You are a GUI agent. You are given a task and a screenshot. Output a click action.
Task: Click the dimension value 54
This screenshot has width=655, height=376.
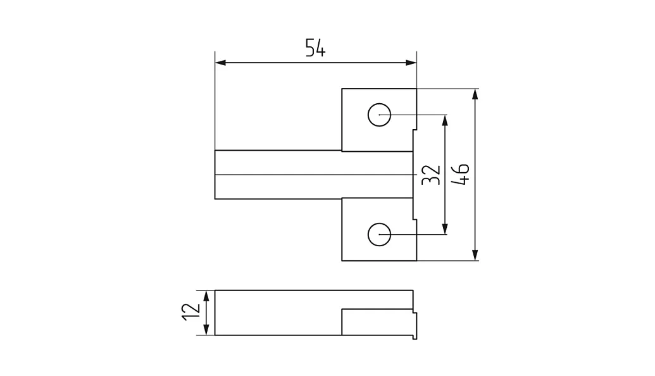click(x=315, y=47)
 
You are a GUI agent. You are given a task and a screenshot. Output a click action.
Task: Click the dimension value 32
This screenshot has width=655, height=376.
click(x=431, y=175)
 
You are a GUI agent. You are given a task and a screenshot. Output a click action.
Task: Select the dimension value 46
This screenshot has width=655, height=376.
click(x=461, y=174)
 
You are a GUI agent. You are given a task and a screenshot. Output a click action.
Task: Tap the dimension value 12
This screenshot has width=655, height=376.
click(x=191, y=311)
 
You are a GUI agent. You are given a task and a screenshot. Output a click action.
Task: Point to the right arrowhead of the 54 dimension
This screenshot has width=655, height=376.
click(x=411, y=63)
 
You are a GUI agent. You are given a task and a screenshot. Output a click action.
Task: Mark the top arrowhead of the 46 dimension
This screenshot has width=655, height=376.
click(x=475, y=94)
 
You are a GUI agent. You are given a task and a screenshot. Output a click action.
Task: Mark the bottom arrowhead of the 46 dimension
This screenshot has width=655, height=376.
click(x=475, y=255)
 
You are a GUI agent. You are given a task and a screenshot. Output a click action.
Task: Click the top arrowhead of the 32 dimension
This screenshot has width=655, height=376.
click(x=445, y=120)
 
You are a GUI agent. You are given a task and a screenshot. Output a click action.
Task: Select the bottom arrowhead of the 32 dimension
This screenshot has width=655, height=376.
click(x=445, y=229)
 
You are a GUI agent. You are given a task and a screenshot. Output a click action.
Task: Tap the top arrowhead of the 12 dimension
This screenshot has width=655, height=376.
click(x=206, y=296)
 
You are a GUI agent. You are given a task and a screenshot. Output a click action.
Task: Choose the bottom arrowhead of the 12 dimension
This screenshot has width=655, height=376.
click(x=206, y=329)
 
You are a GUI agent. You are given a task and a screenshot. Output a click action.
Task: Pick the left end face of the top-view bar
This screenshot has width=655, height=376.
click(x=215, y=175)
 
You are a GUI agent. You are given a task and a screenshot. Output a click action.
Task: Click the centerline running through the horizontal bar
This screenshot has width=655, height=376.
click(x=316, y=175)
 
